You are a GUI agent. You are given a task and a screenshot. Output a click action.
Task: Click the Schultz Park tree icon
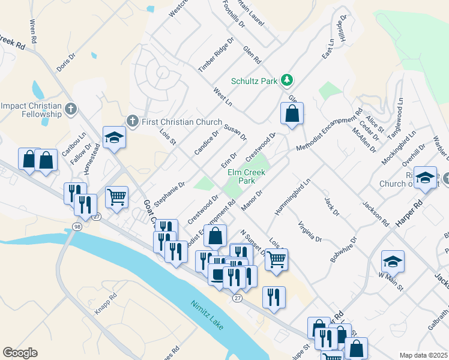click(x=288, y=80)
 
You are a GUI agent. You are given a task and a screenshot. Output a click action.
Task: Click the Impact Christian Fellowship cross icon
click(x=71, y=109)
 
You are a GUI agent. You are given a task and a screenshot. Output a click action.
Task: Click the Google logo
click(x=20, y=353)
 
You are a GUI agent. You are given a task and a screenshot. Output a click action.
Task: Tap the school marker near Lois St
click(x=113, y=137)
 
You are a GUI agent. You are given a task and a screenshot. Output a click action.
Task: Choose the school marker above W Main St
click(x=393, y=261)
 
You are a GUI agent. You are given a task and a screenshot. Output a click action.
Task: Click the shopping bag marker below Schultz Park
click(x=292, y=113)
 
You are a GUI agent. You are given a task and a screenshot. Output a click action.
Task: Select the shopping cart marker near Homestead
click(x=116, y=196)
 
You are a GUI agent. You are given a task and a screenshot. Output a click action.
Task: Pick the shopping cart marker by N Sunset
click(x=276, y=259)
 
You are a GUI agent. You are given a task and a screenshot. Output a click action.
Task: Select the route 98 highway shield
click(x=77, y=226)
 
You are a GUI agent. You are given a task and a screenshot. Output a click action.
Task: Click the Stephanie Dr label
click(x=169, y=193)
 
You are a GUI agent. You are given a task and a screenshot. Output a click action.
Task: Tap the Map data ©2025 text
click(x=424, y=355)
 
